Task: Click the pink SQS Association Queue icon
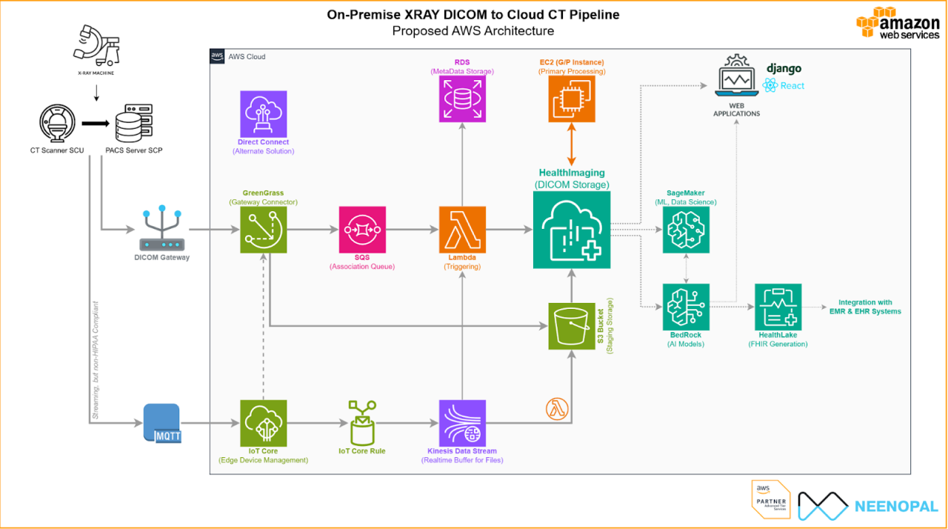(362, 230)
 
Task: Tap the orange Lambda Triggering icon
(462, 230)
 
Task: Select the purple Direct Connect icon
(264, 114)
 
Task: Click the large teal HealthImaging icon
(571, 230)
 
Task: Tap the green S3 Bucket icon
(571, 325)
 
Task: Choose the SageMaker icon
(686, 230)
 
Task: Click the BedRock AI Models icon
(686, 307)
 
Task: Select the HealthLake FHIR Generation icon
(778, 307)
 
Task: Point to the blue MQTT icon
(162, 423)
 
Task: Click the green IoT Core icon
(264, 423)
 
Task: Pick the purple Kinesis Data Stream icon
(462, 423)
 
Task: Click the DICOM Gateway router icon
(161, 230)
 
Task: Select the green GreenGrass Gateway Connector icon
(264, 230)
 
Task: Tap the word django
(784, 69)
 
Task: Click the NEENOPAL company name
(896, 507)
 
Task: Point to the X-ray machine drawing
(96, 47)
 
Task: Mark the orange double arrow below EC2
(571, 145)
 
